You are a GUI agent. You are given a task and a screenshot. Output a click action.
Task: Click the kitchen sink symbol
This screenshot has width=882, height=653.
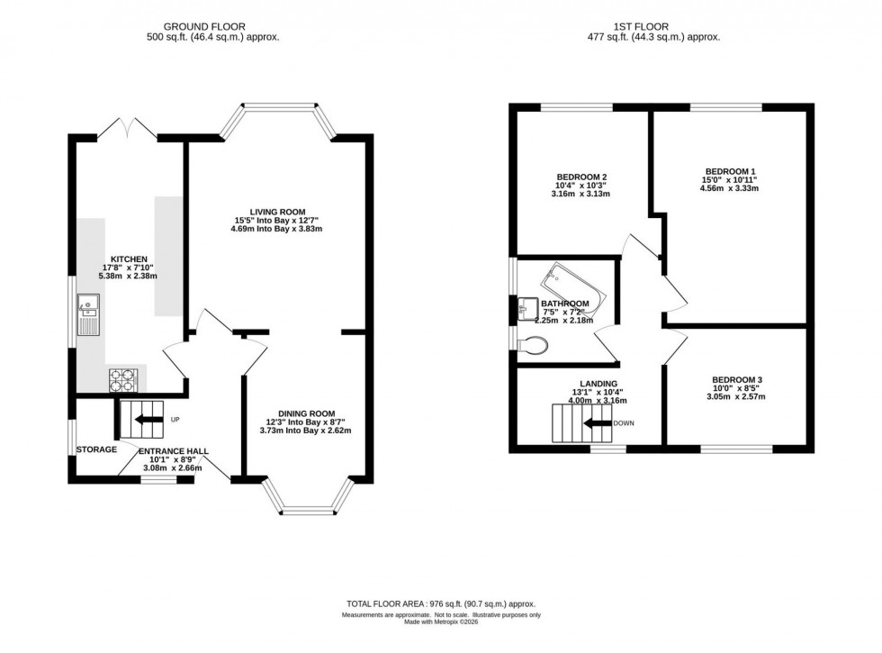pyautogui.click(x=89, y=314)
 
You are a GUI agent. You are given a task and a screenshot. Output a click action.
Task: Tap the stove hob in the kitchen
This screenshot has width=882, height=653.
pyautogui.click(x=121, y=381)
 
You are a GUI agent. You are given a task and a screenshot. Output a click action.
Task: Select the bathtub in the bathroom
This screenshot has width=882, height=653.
pyautogui.click(x=571, y=286)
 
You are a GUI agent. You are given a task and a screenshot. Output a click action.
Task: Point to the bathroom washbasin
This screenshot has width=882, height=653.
pyautogui.click(x=528, y=309)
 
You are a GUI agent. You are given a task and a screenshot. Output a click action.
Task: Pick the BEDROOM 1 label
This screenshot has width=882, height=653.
pyautogui.click(x=731, y=170)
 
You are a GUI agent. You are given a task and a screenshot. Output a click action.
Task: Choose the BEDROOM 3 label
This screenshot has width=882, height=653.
pyautogui.click(x=736, y=379)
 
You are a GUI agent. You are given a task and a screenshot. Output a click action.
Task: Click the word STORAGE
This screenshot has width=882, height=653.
pyautogui.click(x=95, y=449)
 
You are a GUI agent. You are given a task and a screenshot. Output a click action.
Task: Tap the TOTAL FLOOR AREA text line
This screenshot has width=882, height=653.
pyautogui.click(x=441, y=603)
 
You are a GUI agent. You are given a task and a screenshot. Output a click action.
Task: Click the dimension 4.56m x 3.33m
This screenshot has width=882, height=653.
pyautogui.click(x=731, y=188)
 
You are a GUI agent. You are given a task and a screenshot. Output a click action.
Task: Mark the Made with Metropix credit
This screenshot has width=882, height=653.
pyautogui.click(x=441, y=621)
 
